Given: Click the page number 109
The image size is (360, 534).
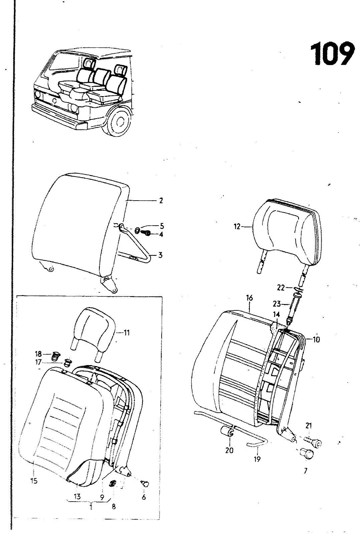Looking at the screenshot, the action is [332, 53].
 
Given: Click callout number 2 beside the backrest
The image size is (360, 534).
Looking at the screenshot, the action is [161, 201].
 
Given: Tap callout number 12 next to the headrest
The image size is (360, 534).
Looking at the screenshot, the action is [237, 227].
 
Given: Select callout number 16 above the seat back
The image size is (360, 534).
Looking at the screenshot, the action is [249, 298].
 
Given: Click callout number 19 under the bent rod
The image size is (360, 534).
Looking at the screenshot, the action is [257, 459].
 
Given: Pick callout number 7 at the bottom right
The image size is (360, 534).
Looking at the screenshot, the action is [305, 471].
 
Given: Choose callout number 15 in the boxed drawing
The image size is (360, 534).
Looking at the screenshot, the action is [34, 481].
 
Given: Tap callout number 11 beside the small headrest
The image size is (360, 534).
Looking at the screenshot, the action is [127, 332].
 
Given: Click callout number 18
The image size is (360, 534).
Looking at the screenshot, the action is [38, 353].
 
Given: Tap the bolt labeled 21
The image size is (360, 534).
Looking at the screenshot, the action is [313, 442].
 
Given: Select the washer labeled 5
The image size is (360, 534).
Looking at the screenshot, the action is [138, 230].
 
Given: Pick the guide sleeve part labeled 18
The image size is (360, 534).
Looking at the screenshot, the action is [55, 356].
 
